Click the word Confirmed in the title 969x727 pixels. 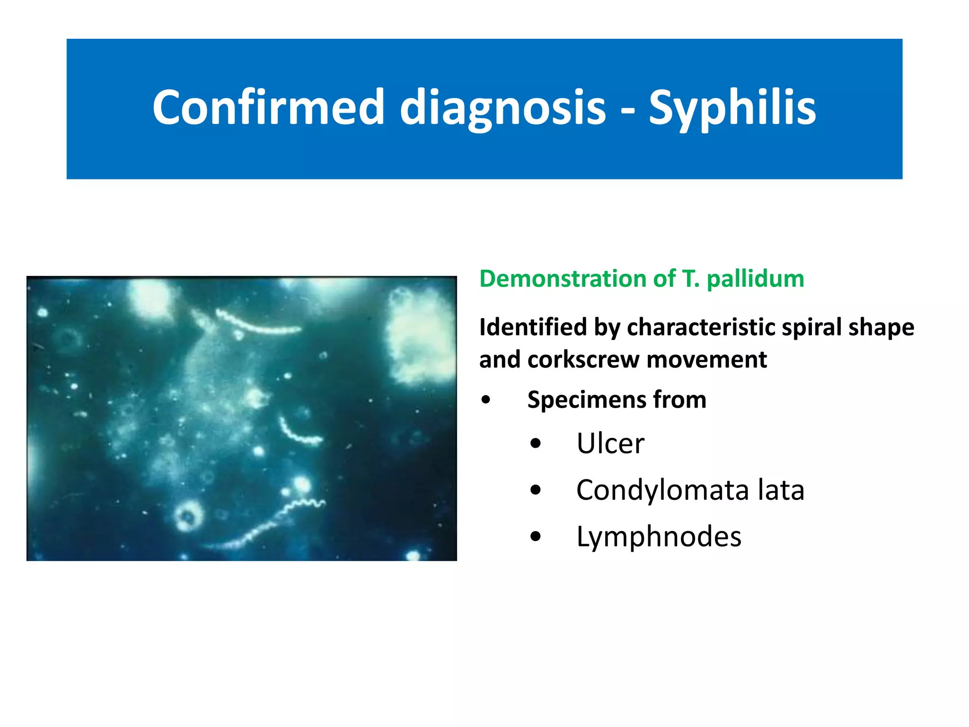pos(268,108)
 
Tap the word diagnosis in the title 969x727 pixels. pos(502,108)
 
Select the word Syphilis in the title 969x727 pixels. pos(732,108)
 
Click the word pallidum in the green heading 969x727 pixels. pos(755,279)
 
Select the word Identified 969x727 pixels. pos(533,328)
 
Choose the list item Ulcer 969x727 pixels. pos(610,444)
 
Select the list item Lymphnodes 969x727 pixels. pos(659,537)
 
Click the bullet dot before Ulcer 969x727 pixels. pos(536,444)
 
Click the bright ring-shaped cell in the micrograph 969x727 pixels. pos(189,516)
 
